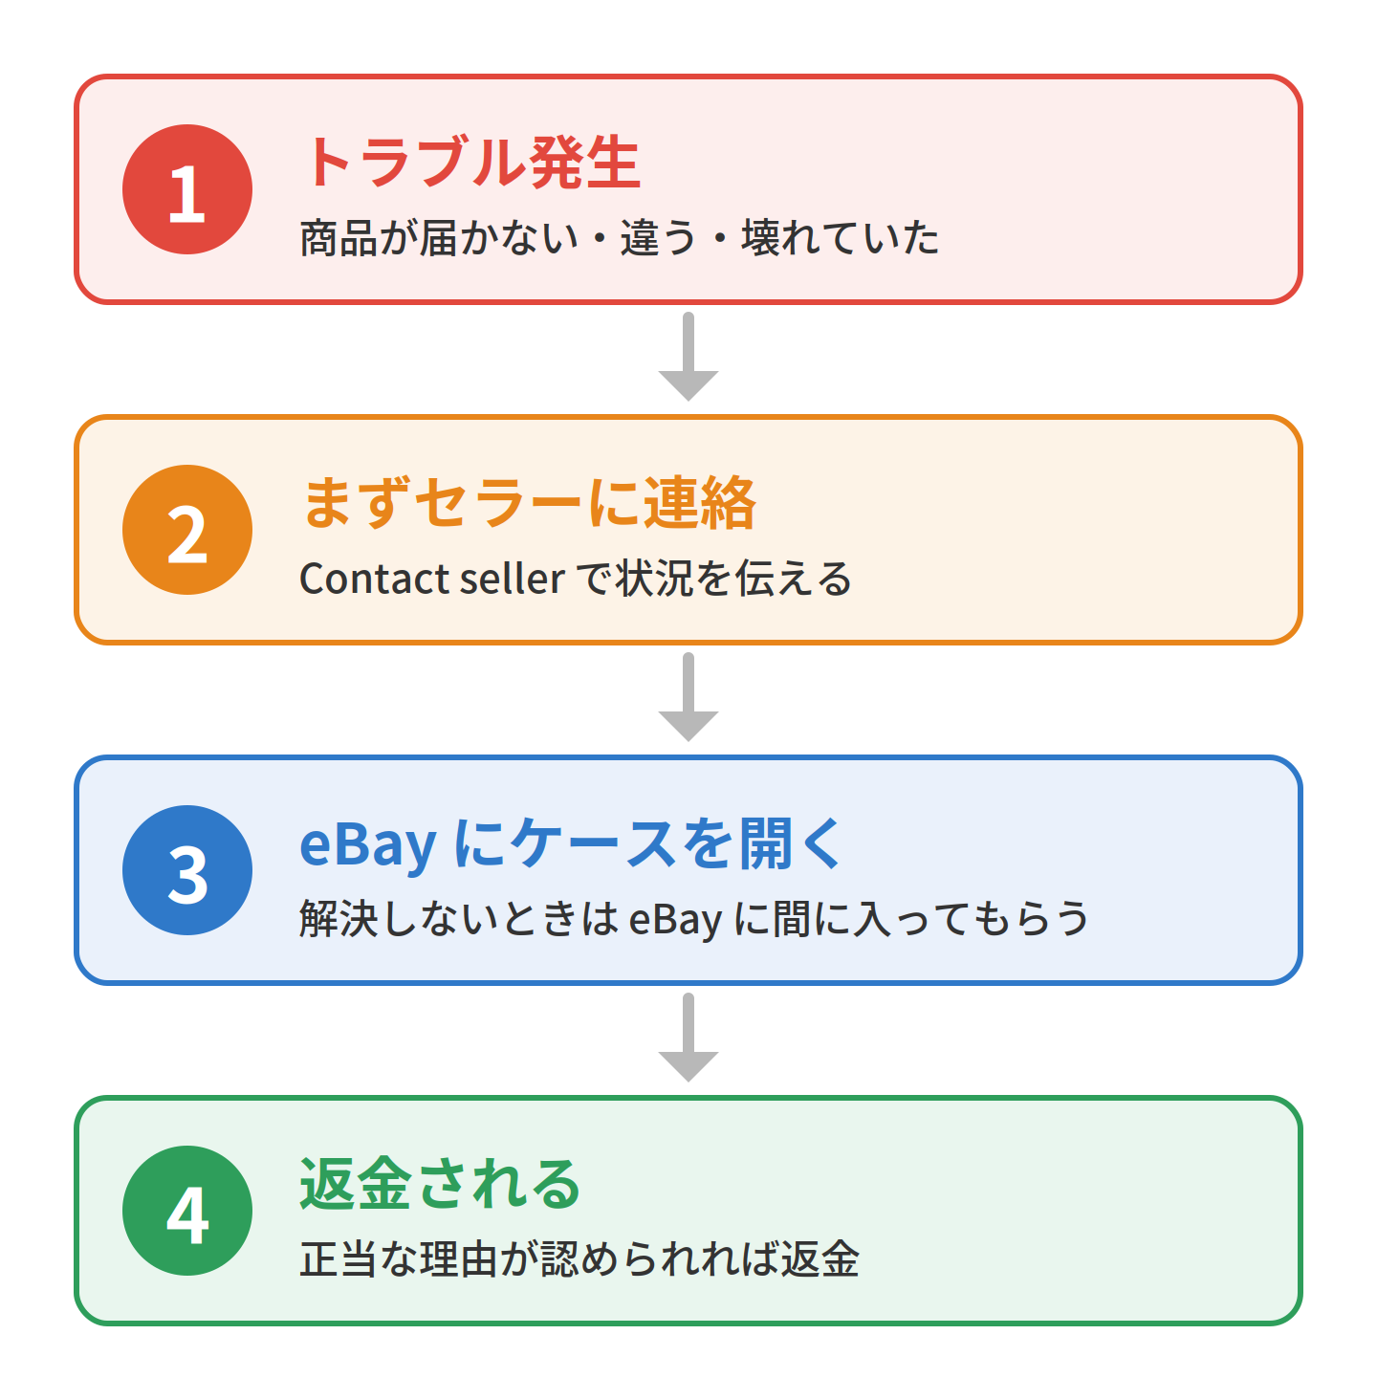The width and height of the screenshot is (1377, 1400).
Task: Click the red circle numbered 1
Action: coord(187,189)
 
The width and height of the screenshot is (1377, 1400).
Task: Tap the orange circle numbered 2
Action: coord(187,531)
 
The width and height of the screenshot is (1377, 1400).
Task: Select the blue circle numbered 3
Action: coord(187,870)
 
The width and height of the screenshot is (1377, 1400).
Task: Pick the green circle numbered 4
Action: coord(187,1211)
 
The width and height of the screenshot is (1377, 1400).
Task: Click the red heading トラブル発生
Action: coord(471,163)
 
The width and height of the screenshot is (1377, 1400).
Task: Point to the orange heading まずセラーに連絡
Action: coord(528,503)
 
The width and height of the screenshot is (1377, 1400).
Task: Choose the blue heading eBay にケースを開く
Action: coord(571,843)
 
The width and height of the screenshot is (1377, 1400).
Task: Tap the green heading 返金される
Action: coord(440,1184)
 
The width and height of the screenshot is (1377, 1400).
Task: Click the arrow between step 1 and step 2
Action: coord(688,357)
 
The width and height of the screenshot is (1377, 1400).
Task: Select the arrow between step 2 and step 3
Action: coord(688,697)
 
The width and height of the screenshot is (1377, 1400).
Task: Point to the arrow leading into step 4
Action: coord(688,1038)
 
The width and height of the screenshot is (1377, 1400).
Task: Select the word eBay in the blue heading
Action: coord(368,845)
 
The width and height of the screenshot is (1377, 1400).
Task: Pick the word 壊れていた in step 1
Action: coord(840,237)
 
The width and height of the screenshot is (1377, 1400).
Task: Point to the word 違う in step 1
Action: coord(658,237)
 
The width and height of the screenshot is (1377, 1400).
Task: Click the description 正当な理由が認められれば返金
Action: coord(579,1259)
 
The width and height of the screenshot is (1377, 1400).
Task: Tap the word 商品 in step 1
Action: coord(338,237)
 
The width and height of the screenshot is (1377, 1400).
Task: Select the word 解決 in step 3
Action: coord(338,919)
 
